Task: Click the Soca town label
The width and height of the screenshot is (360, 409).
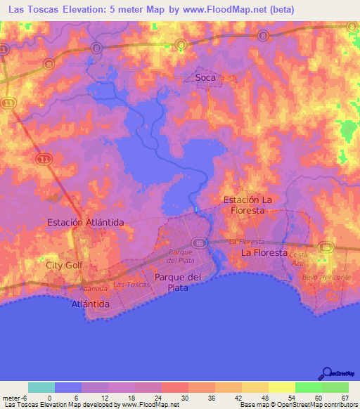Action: [x=205, y=77]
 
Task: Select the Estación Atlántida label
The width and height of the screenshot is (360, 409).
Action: [x=85, y=222]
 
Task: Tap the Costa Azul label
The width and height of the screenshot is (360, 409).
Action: [x=299, y=257]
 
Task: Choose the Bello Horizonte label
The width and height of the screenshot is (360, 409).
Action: [x=326, y=278]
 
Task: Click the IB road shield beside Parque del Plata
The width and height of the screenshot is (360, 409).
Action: [x=200, y=241]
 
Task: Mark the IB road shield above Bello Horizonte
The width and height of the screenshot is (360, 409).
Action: [x=325, y=247]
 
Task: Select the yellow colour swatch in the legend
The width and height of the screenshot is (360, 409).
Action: [x=282, y=387]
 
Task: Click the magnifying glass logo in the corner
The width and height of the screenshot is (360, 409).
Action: [x=327, y=374]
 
